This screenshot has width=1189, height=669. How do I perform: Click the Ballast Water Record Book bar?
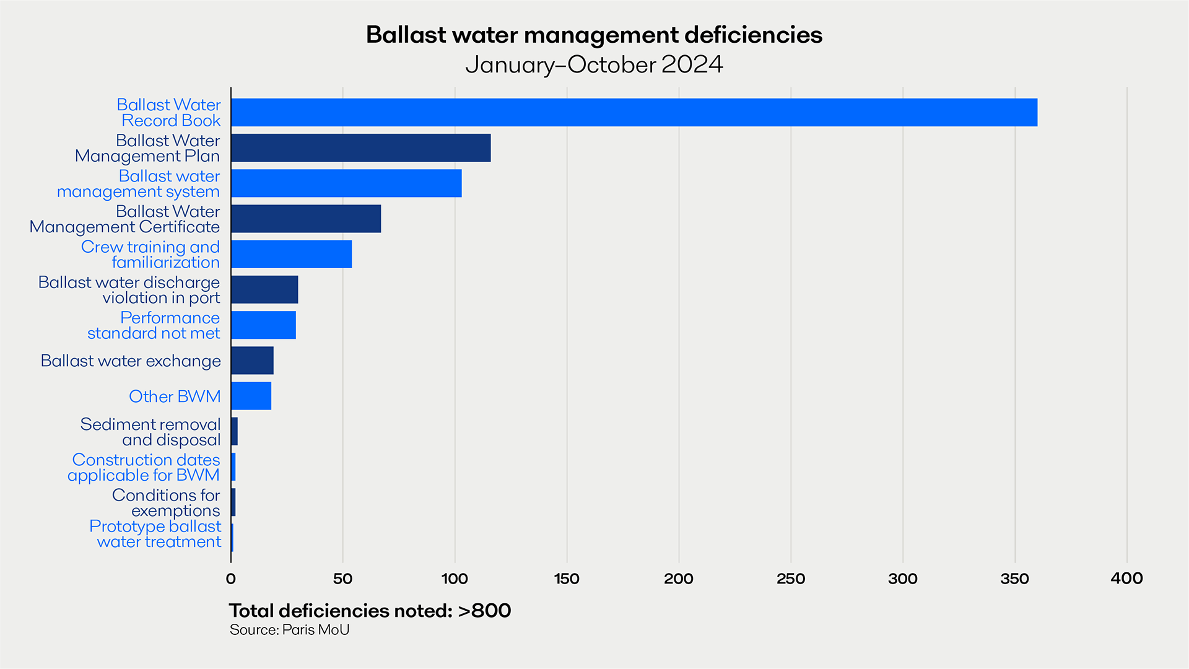[634, 112]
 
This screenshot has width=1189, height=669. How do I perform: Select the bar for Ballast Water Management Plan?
[360, 148]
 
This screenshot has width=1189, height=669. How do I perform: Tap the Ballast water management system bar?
[346, 183]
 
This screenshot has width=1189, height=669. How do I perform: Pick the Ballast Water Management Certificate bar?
[306, 219]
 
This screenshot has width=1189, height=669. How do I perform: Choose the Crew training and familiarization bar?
[291, 254]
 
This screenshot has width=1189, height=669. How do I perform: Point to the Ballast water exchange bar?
[252, 361]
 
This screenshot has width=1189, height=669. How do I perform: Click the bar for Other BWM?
[251, 396]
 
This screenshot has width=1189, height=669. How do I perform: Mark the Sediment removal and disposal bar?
[234, 431]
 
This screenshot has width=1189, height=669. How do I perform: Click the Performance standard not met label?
[154, 325]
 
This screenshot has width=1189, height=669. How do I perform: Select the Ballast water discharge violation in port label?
[129, 290]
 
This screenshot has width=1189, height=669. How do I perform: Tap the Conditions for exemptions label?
[166, 502]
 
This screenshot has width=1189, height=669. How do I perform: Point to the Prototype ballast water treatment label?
[155, 534]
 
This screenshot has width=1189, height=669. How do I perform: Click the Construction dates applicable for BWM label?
[144, 467]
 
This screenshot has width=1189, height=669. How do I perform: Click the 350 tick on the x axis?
[1014, 579]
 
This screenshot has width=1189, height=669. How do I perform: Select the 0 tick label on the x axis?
[231, 579]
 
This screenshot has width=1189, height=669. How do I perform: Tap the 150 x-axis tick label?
[567, 579]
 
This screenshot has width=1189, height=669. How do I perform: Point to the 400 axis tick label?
[1126, 579]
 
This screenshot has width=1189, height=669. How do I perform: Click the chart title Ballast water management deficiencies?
[594, 35]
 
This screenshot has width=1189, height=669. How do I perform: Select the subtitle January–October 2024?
[594, 64]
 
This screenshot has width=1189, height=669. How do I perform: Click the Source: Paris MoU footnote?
[289, 630]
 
